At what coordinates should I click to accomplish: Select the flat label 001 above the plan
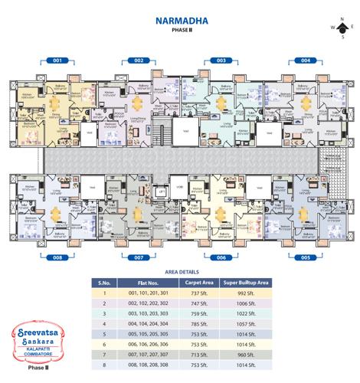click(56, 60)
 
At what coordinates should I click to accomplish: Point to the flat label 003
click(221, 60)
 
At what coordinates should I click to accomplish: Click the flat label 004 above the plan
click(305, 60)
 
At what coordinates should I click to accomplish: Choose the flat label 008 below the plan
click(56, 259)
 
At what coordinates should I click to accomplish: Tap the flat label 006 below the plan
click(221, 259)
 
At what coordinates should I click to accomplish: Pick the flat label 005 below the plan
click(305, 259)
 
